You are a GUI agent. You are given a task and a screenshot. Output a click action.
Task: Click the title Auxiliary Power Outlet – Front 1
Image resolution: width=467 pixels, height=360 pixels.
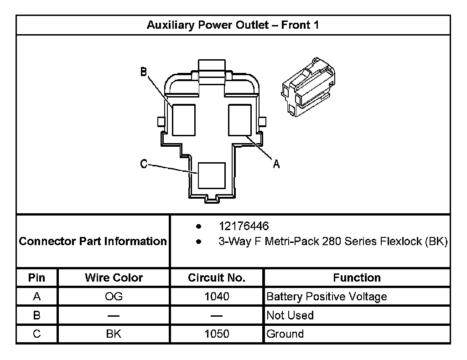pos(233,25)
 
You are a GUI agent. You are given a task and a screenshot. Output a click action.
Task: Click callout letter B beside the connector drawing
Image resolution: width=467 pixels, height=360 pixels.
pos(143,72)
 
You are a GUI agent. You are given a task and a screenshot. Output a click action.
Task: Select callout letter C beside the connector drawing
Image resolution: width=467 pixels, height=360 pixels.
pos(144,164)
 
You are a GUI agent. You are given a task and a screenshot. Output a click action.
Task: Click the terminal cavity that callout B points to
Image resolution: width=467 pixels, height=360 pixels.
pos(184,120)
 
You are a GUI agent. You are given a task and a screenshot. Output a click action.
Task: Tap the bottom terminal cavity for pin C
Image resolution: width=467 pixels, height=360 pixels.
pos(212,175)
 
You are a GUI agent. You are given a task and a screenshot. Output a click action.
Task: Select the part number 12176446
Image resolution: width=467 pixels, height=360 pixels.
pos(244,226)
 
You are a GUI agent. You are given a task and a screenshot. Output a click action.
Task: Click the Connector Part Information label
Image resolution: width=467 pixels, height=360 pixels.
pos(93,241)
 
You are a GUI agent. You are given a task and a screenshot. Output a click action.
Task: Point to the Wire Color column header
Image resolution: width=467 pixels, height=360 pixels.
pos(114,278)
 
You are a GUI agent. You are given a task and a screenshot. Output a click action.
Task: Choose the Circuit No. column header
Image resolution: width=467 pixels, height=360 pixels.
pos(217,278)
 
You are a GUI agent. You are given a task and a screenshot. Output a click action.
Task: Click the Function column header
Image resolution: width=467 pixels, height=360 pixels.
pos(357,278)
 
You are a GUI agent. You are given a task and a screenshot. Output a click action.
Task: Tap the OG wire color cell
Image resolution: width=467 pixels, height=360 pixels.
pos(114,297)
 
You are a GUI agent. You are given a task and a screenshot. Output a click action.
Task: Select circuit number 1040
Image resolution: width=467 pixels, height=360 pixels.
pos(217,297)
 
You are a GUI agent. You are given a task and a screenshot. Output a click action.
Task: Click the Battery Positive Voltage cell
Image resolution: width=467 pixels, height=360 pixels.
pos(327,297)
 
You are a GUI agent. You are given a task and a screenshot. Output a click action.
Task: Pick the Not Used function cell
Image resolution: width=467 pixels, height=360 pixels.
pos(290,315)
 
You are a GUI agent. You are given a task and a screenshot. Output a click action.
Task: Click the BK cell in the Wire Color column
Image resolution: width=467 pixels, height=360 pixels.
pos(114,334)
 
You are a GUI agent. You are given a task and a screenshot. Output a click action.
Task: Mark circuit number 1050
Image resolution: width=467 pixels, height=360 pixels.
pos(217,334)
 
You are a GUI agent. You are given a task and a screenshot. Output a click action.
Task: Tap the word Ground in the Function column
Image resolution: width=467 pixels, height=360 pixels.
pos(285,334)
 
